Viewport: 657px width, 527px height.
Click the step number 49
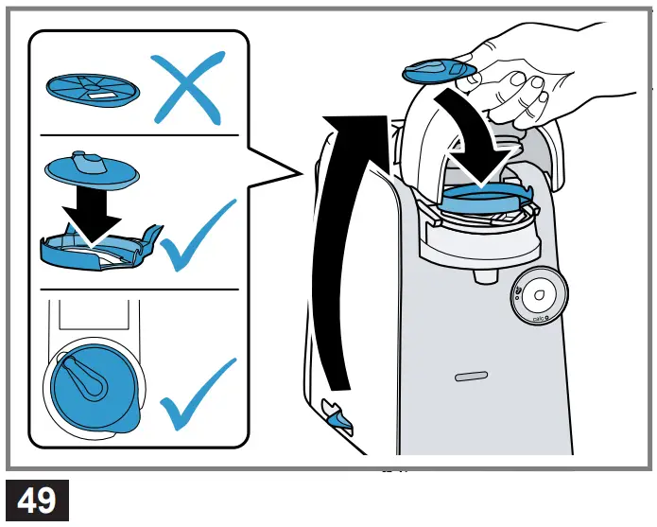[x=37, y=500]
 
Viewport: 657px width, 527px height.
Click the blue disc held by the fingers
[x=440, y=72]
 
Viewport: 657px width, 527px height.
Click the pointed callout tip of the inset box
[x=301, y=172]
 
